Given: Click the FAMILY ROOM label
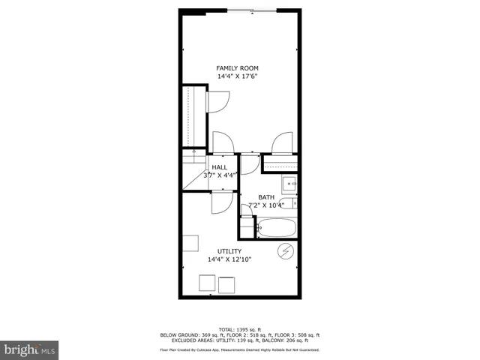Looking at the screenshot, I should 238,68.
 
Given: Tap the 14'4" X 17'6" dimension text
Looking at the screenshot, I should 238,76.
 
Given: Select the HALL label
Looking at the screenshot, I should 220,167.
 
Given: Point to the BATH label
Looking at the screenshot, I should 266,197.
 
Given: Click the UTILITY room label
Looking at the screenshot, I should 229,251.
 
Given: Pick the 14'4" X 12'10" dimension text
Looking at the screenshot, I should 229,259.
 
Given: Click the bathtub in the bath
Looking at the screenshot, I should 276,227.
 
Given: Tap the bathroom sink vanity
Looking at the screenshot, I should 289,183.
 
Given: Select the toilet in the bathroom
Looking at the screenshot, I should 246,212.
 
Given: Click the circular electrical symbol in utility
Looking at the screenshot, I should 286,250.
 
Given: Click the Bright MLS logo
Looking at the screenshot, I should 30,349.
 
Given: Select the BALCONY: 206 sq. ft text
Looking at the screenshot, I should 298,340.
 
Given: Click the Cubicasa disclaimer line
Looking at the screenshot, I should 239,350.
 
